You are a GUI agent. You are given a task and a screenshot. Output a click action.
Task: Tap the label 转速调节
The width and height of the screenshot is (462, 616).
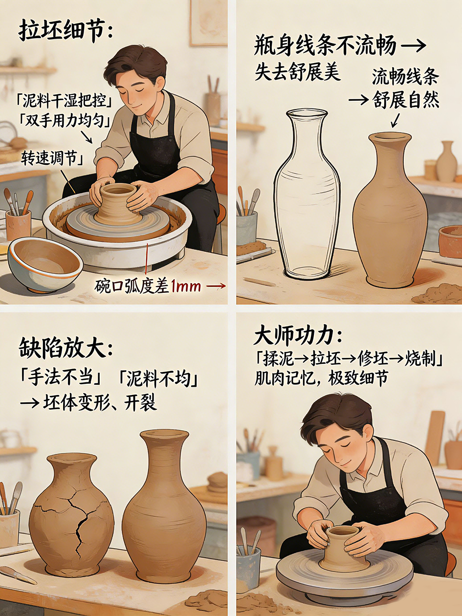click(x=50, y=158)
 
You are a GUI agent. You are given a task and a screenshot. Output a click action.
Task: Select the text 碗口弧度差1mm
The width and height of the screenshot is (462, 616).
click(x=148, y=286)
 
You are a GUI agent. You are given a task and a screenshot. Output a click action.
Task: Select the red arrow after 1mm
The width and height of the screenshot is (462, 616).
click(x=216, y=286)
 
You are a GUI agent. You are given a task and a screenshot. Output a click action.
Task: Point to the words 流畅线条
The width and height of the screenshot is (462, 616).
click(x=405, y=77)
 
